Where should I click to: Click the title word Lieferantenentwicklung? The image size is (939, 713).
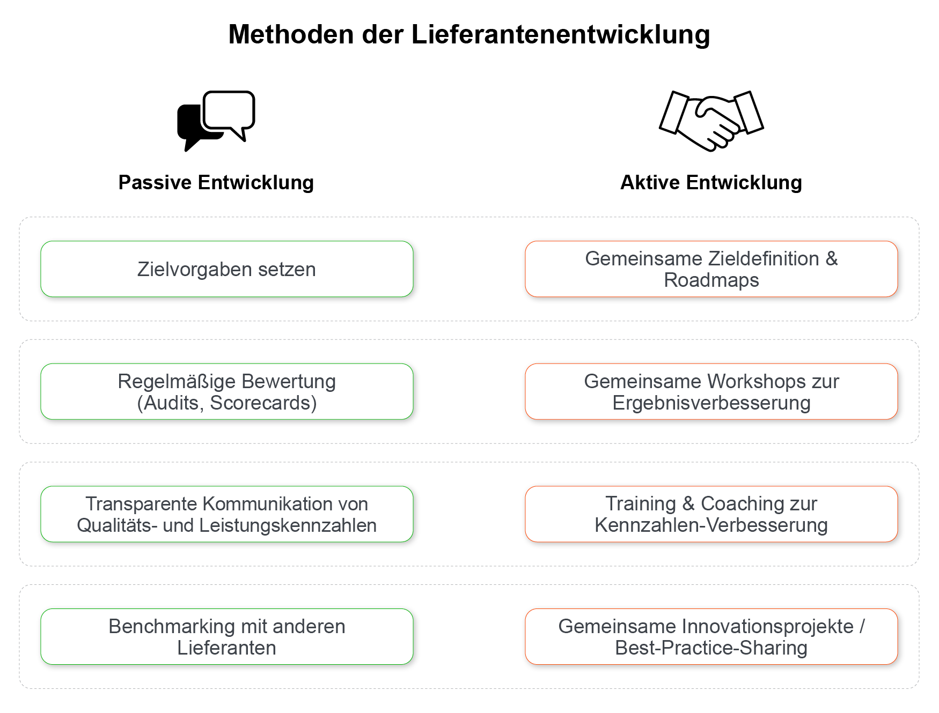[561, 34]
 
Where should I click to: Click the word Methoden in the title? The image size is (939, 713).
[291, 34]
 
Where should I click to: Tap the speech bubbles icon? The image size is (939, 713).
[216, 121]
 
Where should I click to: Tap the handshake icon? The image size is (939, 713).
[711, 121]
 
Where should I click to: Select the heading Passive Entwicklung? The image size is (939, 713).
[216, 182]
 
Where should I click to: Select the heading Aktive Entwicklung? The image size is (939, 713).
[711, 182]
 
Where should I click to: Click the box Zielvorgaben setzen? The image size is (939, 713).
[227, 269]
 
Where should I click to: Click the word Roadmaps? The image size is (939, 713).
[711, 280]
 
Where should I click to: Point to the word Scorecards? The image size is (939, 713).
[263, 403]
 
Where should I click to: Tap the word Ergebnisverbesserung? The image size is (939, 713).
[711, 403]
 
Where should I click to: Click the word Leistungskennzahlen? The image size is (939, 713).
[288, 525]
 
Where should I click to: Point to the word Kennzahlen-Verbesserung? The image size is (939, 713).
[711, 525]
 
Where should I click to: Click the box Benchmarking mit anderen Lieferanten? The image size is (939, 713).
[227, 637]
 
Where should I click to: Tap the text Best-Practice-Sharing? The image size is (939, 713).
[711, 648]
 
